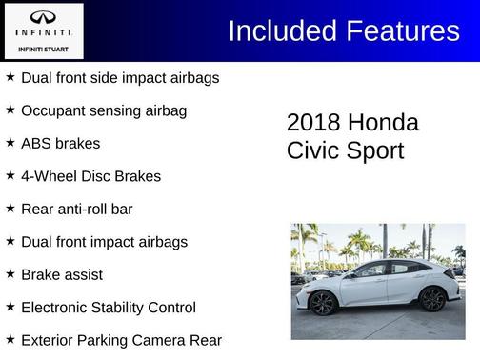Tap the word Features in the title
point(401,31)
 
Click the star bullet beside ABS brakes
point(10,142)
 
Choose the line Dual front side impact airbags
point(119,77)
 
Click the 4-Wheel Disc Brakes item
point(90,176)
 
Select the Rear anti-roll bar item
point(76,209)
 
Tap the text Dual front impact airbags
point(104,242)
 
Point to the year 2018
point(313,123)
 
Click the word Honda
point(383,123)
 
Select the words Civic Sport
point(345,150)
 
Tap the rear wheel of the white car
point(431,300)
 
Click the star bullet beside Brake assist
point(10,273)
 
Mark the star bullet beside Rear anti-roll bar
point(10,208)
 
